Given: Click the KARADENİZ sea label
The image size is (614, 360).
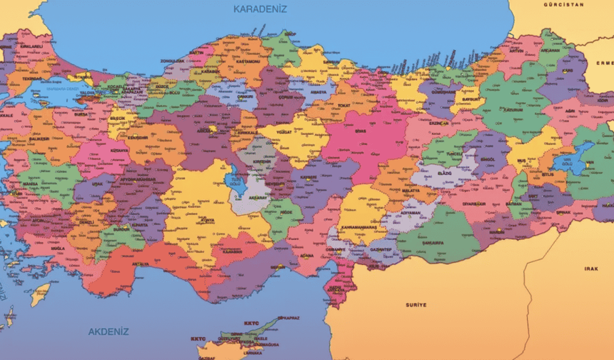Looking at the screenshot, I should tap(260, 9).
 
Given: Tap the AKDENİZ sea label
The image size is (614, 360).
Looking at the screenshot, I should tap(108, 331).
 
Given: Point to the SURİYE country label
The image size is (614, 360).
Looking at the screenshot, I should tap(416, 305).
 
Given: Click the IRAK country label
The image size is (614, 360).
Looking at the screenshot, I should tap(590, 269).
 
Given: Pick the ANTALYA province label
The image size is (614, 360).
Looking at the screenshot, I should tap(141, 264).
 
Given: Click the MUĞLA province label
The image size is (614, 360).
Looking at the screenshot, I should tap(58, 249).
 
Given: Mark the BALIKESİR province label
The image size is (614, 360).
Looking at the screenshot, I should tap(40, 138).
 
